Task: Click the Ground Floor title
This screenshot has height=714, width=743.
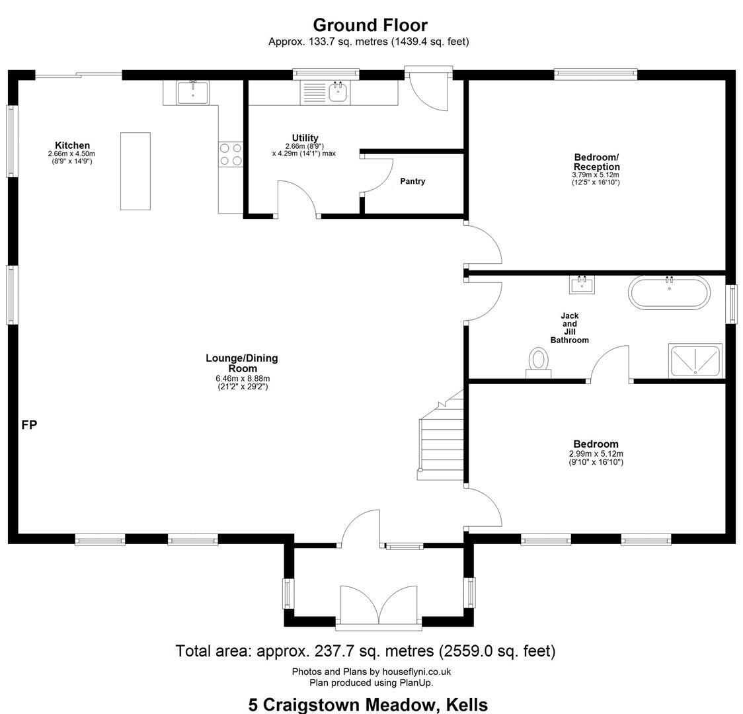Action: tap(370, 24)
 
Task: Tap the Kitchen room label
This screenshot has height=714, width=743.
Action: tap(72, 145)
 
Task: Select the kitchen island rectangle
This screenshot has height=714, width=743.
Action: tap(136, 171)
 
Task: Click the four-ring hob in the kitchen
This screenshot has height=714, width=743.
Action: tap(231, 155)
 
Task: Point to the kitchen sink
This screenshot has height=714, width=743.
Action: tap(193, 93)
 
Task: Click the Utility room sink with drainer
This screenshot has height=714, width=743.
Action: tap(325, 93)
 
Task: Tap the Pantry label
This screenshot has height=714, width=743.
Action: tap(412, 181)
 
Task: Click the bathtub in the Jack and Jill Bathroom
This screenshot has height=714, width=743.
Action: tap(669, 292)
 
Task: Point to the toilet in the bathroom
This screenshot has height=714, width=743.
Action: tap(538, 362)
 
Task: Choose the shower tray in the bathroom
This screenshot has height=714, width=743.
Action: tap(695, 360)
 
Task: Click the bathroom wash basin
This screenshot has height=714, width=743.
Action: tap(582, 284)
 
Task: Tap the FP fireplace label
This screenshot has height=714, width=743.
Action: tap(29, 425)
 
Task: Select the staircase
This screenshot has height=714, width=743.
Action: tap(441, 436)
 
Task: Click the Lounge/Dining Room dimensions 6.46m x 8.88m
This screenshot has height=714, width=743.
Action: tap(242, 379)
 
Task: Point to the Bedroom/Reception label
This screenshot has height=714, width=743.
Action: tap(596, 162)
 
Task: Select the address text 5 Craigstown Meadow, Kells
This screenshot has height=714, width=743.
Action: tap(368, 705)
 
